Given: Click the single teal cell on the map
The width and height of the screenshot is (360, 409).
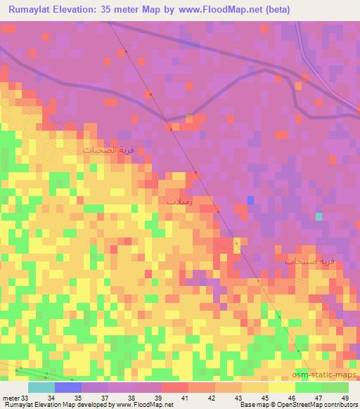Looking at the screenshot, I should (319, 216).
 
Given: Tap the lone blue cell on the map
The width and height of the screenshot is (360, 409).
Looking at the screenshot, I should (250, 201).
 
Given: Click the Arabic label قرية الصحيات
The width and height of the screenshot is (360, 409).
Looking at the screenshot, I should (108, 150).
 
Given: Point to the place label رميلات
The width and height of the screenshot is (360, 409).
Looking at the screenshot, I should (179, 200).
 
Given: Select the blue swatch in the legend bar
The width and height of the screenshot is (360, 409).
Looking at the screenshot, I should (67, 387).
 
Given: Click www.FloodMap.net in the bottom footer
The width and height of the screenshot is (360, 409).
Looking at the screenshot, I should (146, 405).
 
